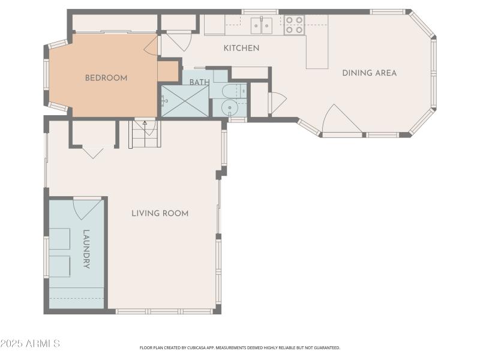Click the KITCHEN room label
[241, 48]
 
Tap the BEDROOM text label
[106, 78]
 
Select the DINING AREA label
[369, 73]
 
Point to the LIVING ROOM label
[160, 213]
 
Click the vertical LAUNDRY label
[86, 249]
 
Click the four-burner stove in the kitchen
[293, 25]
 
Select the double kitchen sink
[261, 25]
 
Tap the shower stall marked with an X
[185, 101]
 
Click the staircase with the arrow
[144, 135]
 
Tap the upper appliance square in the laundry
[60, 238]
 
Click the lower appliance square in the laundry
[60, 265]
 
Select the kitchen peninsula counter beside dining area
[317, 51]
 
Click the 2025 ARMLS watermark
[30, 344]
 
